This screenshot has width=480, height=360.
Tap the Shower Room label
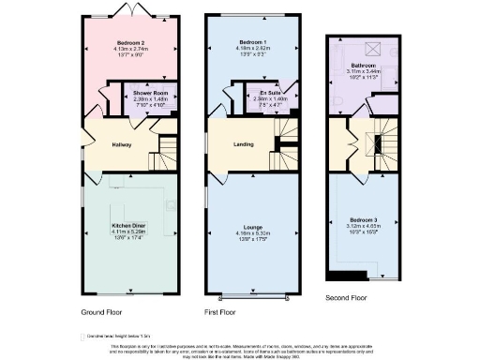coord(149,95)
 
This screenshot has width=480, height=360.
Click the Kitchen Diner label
coord(127,224)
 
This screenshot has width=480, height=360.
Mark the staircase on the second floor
coord(380,141)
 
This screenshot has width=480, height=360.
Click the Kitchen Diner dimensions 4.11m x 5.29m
coord(127,231)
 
